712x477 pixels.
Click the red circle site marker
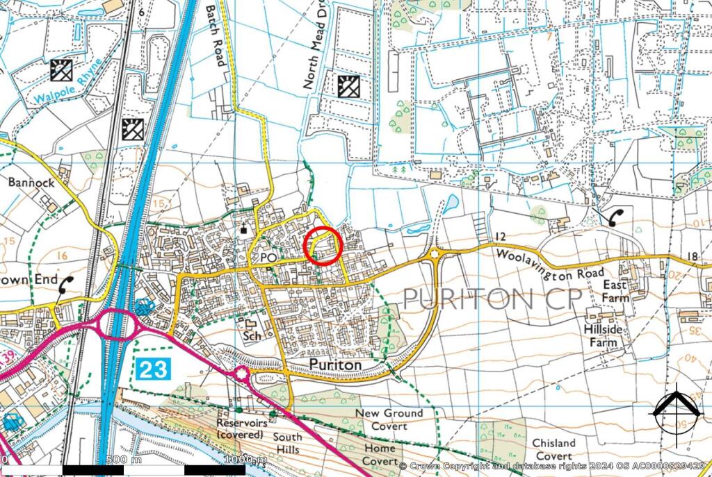[x=323, y=246]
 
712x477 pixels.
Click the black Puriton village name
[x=336, y=365]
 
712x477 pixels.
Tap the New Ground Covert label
[x=389, y=419]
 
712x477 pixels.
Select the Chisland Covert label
[x=554, y=449]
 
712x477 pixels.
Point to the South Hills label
[x=287, y=444]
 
